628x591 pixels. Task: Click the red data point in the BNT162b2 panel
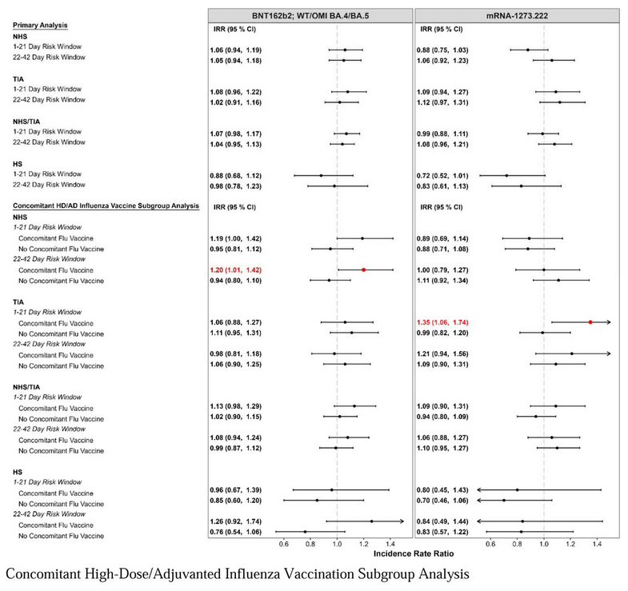click(364, 270)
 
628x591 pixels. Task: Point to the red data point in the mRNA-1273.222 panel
click(590, 321)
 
